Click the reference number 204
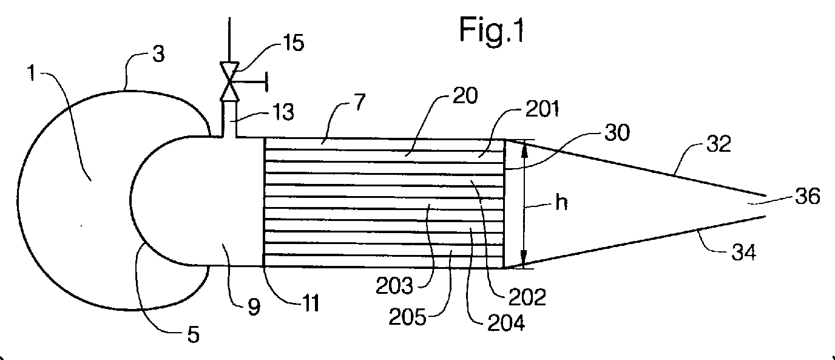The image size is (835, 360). click(x=506, y=322)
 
